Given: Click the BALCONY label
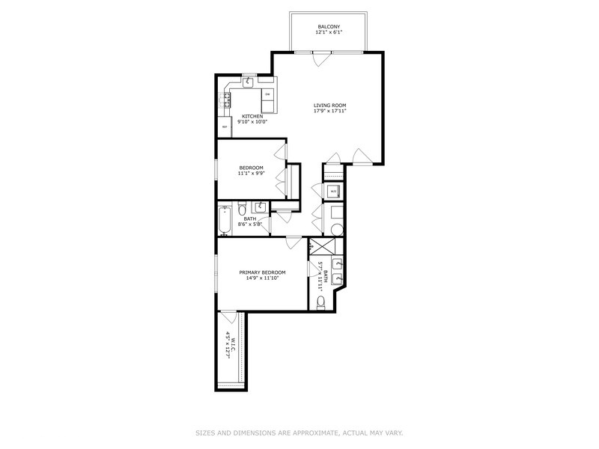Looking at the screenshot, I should (x=329, y=30).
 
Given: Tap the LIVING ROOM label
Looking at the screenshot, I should (x=329, y=108).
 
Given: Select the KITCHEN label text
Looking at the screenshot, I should (x=252, y=119).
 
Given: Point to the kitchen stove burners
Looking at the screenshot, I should (x=225, y=100).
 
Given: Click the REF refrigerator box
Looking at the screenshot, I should (x=225, y=127).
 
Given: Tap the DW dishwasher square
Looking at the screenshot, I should (x=267, y=94).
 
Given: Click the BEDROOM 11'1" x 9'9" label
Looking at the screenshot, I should (x=251, y=170).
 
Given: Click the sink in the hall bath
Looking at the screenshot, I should (x=261, y=207).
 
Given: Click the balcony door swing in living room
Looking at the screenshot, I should (x=320, y=58).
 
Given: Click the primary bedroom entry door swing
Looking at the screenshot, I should (x=294, y=243).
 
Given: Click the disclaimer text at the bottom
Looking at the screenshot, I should (x=299, y=432).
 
